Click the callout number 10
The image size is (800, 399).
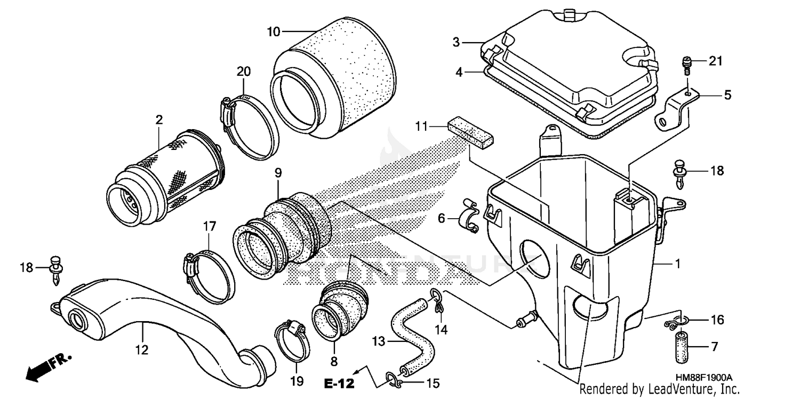tap(273, 32)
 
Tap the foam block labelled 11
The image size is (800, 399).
tap(470, 131)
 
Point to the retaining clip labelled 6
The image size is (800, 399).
tap(469, 219)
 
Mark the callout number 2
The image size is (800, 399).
tap(159, 121)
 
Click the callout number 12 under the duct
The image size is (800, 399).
tap(142, 350)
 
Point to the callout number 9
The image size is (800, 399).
tap(278, 173)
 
